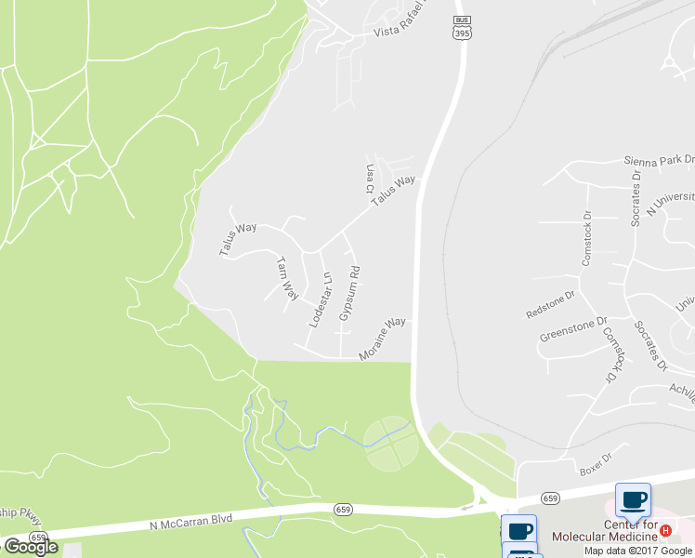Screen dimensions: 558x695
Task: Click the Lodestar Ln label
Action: pyautogui.click(x=320, y=299)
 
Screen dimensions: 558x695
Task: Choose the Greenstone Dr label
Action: pyautogui.click(x=574, y=329)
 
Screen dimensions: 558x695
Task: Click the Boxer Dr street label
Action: pyautogui.click(x=595, y=459)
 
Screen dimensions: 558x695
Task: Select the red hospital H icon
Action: pyautogui.click(x=665, y=530)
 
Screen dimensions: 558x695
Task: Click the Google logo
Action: pyautogui.click(x=31, y=546)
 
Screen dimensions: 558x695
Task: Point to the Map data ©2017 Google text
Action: pyautogui.click(x=638, y=551)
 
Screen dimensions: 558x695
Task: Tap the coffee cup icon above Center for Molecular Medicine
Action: pyautogui.click(x=633, y=500)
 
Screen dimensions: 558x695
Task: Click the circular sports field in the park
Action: pyautogui.click(x=389, y=445)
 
